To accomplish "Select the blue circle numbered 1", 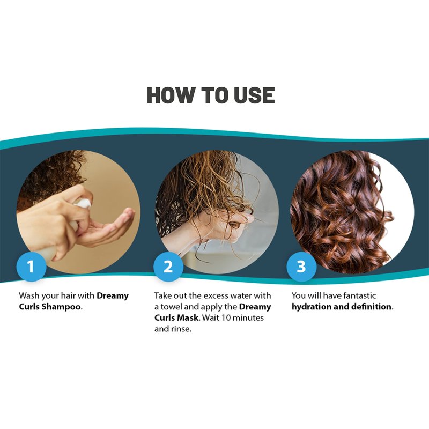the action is pyautogui.click(x=31, y=266).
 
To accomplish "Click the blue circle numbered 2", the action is pyautogui.click(x=168, y=266).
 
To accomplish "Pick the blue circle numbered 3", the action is pyautogui.click(x=301, y=266).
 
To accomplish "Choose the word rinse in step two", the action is pyautogui.click(x=181, y=329).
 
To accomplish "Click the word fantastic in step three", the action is pyautogui.click(x=359, y=296).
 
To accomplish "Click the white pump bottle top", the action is pyautogui.click(x=83, y=205).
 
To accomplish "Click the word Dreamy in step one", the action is pyautogui.click(x=113, y=296).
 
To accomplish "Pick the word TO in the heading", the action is pyautogui.click(x=213, y=95).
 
